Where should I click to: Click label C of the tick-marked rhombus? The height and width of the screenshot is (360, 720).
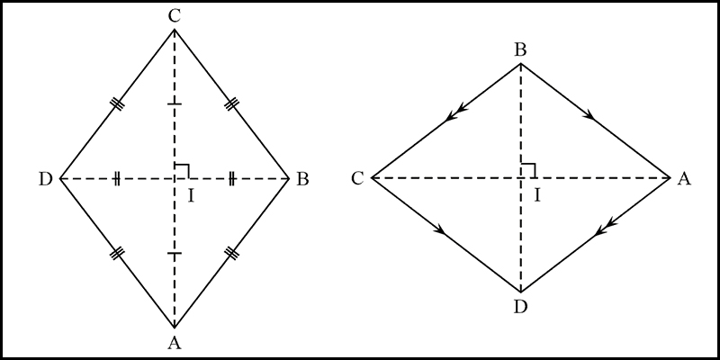174,16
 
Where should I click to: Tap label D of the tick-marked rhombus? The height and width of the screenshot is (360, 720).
46,179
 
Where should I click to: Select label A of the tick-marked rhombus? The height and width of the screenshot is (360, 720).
174,342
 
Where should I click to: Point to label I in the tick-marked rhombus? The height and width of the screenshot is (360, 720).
191,196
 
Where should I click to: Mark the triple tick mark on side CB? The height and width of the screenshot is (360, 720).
231,105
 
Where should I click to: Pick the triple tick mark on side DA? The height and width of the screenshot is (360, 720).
118,253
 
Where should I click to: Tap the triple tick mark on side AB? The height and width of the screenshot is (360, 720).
231,253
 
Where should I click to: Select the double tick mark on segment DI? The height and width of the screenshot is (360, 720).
117,178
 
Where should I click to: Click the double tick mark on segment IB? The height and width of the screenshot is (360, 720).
232,178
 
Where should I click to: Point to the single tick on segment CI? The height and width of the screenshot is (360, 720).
174,104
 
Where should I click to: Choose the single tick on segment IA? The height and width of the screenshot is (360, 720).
174,254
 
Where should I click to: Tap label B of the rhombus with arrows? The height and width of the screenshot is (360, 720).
520,50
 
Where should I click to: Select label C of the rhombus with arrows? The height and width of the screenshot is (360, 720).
357,178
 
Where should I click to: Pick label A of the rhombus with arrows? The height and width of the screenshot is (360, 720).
684,178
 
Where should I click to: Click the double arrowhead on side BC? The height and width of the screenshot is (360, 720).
455,113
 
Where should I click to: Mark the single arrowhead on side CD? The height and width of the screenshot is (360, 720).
439,229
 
